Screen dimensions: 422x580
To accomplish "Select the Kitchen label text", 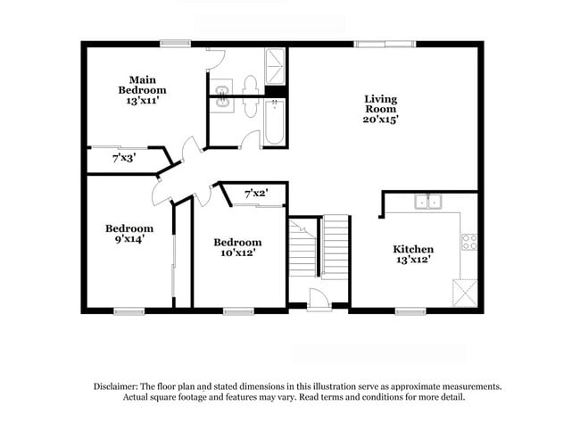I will pos(414,249).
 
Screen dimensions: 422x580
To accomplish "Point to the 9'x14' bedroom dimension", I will pos(128,239).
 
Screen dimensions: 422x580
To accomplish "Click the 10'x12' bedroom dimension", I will pos(236,253).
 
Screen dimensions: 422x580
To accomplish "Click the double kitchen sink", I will pos(427,202).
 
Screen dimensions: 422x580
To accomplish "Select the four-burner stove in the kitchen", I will pos(468,241).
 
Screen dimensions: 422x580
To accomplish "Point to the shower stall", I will pos(274,64).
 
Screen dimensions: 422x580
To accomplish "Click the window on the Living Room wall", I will pos(384,43).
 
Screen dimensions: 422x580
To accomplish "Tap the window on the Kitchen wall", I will pos(410,310).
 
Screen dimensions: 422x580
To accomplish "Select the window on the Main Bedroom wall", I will pos(175,43).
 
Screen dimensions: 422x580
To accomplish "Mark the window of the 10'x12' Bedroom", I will pos(236,310).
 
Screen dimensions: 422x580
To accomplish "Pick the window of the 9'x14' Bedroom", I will pos(128,310).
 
